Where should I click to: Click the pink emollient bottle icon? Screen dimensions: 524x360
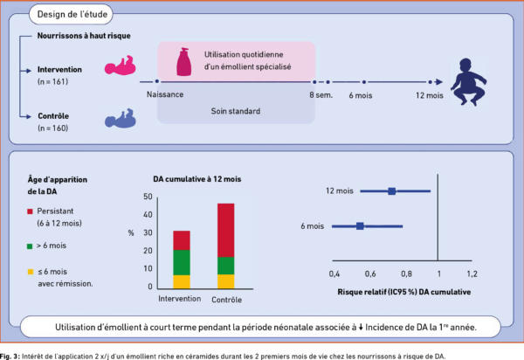click(184, 62)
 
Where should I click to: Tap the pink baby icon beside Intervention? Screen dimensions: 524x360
click(121, 66)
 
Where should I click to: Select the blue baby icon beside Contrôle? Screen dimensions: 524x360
click(121, 118)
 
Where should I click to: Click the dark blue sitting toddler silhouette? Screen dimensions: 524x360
click(468, 82)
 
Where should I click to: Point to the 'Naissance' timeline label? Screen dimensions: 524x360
click(165, 94)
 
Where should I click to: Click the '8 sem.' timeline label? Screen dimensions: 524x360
click(321, 95)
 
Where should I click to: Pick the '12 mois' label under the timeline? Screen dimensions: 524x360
click(430, 95)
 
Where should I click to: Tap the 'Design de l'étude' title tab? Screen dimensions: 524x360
click(72, 14)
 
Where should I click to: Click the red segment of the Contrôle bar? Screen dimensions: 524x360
click(226, 231)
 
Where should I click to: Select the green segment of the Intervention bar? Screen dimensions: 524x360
click(182, 263)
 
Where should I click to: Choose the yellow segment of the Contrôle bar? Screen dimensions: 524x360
click(226, 281)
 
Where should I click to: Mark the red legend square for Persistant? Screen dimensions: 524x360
click(30, 211)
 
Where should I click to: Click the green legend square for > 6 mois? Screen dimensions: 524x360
click(30, 246)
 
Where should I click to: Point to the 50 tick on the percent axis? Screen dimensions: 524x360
click(148, 197)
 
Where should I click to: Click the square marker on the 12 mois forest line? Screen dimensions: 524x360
click(392, 191)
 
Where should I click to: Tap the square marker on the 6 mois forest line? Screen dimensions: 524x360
click(360, 226)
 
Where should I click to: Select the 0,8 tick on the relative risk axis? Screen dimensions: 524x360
click(406, 274)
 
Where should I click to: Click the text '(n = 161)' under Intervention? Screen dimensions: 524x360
click(52, 82)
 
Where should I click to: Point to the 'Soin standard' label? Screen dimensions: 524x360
click(236, 111)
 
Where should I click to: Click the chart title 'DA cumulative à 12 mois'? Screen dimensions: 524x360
click(197, 179)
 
